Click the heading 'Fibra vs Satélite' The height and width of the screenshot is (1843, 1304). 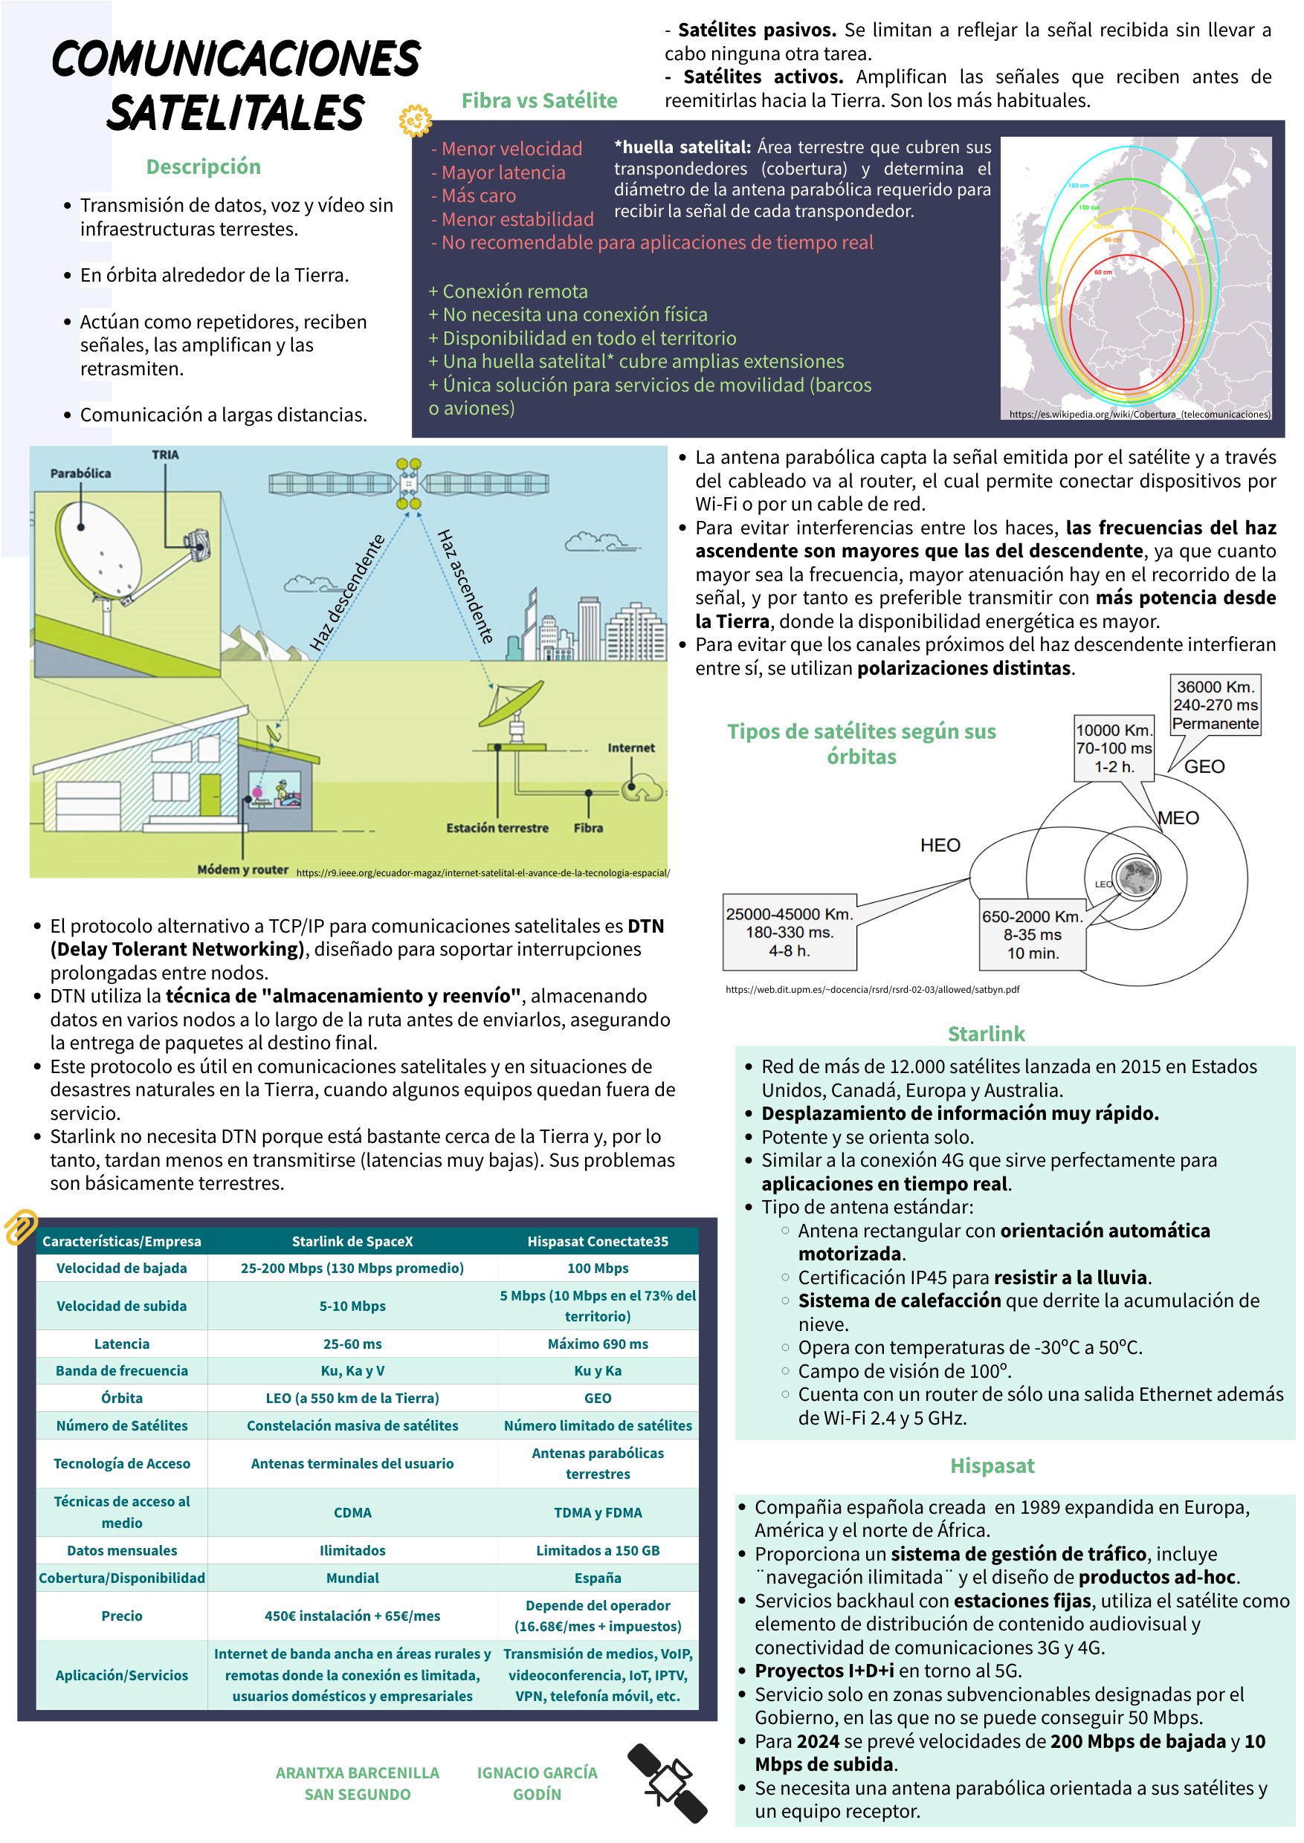(539, 100)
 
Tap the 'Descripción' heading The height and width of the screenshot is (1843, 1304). (203, 166)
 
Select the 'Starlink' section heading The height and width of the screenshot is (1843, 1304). (986, 1033)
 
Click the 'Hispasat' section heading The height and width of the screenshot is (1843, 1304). (992, 1465)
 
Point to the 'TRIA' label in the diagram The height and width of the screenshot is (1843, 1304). (165, 454)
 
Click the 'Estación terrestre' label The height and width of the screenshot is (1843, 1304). (497, 828)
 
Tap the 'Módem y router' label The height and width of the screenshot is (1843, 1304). (242, 869)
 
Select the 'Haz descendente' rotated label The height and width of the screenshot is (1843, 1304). (347, 592)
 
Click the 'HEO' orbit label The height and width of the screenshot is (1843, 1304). (940, 844)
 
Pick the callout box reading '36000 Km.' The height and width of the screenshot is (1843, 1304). (1215, 705)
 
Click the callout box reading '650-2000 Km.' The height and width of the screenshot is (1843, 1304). (1032, 934)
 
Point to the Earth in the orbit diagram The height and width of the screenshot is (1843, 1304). (1136, 875)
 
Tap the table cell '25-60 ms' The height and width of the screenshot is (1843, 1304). (352, 1344)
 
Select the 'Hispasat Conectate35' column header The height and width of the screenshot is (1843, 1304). (598, 1241)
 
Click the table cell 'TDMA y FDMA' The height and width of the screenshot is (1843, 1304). (598, 1512)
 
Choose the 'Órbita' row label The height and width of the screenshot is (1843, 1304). (121, 1398)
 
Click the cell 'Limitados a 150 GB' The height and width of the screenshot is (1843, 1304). (598, 1550)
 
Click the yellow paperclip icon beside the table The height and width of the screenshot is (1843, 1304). (21, 1225)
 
